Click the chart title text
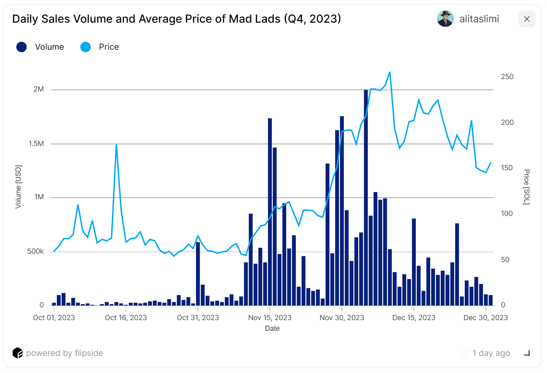[x=177, y=19]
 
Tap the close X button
[x=527, y=19]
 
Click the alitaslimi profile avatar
[x=445, y=19]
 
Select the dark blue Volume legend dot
[x=21, y=47]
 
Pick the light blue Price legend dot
[x=85, y=47]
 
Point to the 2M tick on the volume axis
[x=39, y=89]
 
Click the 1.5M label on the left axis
[x=36, y=144]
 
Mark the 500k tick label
[x=35, y=251]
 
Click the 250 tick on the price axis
[x=507, y=77]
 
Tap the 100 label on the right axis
[x=506, y=214]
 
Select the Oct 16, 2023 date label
[x=126, y=318]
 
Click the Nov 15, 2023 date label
[x=270, y=318]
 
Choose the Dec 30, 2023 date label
[x=485, y=318]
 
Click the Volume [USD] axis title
[x=18, y=186]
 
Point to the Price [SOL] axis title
[x=526, y=187]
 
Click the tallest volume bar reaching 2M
[x=366, y=199]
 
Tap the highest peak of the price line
[x=390, y=72]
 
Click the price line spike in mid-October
[x=116, y=145]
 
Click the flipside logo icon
[x=17, y=353]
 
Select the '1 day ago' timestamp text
[x=491, y=353]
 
